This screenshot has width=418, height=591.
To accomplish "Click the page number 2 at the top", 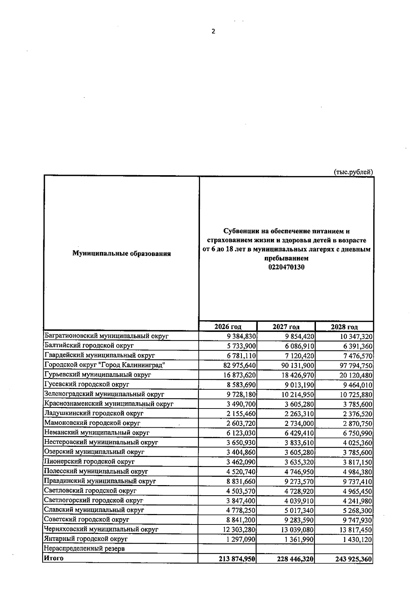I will (214, 32).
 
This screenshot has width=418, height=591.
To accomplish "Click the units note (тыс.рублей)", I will (353, 172).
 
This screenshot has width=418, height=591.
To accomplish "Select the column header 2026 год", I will (228, 327).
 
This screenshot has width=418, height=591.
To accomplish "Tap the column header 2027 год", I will (286, 327).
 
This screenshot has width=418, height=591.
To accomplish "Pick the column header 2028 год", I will (344, 327).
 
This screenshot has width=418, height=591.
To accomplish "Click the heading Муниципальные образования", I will (121, 254).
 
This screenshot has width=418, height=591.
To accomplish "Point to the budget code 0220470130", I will (286, 267).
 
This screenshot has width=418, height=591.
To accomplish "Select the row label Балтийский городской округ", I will (89, 346).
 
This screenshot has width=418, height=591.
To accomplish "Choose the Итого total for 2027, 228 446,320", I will (294, 559).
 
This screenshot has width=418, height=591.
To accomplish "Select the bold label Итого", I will (54, 558).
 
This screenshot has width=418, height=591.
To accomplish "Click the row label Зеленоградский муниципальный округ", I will (104, 394).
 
